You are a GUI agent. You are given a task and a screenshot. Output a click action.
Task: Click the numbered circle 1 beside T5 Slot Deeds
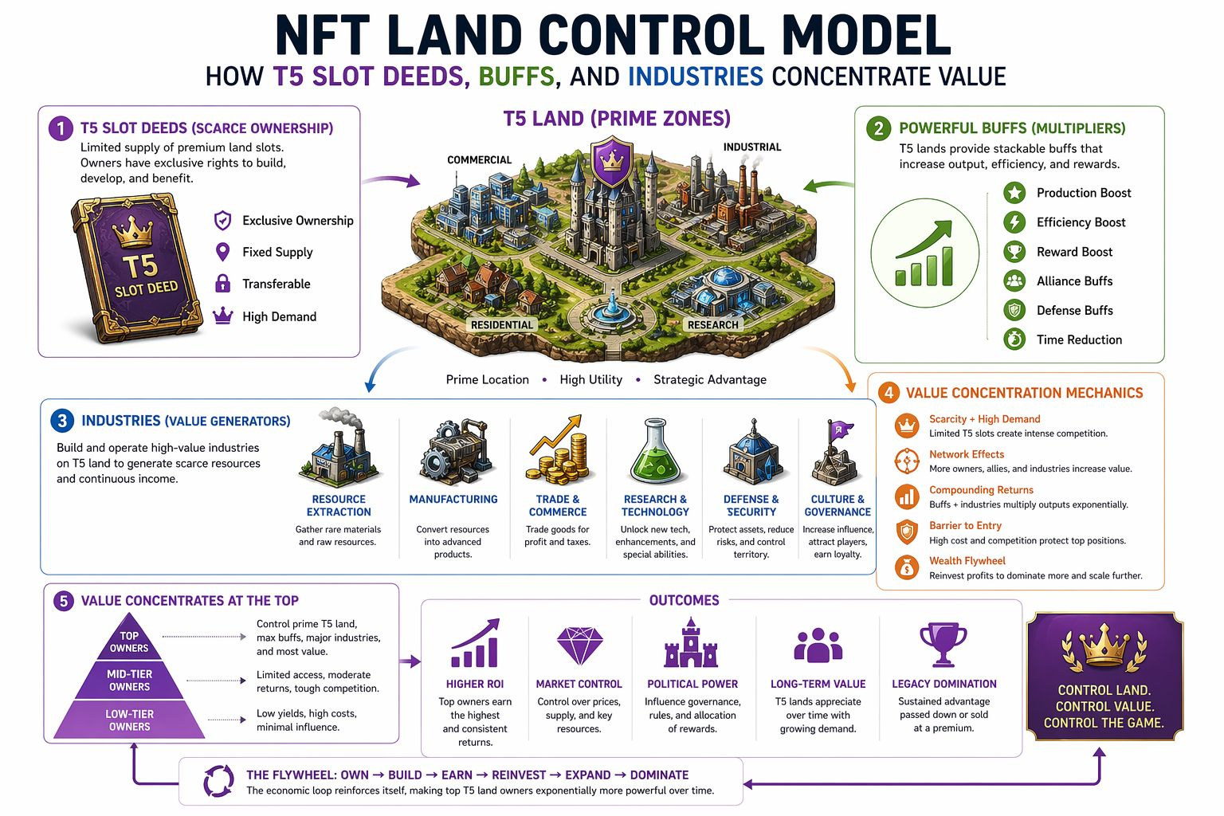click(x=61, y=128)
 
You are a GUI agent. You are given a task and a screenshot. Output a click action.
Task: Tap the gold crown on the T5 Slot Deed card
click(x=132, y=233)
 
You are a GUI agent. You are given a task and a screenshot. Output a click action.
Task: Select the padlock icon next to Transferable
click(x=223, y=284)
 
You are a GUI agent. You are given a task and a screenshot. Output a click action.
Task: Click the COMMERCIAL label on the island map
click(x=479, y=159)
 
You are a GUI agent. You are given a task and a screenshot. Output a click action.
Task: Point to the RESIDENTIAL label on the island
click(x=501, y=325)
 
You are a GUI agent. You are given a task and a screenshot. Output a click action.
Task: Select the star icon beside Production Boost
click(x=1014, y=193)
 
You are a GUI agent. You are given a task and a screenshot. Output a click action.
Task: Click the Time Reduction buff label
click(x=1079, y=339)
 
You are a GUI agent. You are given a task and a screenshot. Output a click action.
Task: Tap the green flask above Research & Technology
click(x=655, y=452)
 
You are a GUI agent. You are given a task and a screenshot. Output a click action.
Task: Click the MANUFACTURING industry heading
click(x=453, y=500)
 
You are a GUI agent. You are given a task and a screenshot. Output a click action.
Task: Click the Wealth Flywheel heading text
click(x=967, y=561)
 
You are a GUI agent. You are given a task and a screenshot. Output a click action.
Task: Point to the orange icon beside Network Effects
click(x=907, y=461)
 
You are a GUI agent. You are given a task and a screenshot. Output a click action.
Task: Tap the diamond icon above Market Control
click(x=579, y=645)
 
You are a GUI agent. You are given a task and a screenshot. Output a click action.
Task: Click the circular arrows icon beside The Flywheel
click(x=218, y=781)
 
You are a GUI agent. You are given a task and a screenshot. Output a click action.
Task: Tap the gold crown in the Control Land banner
click(x=1104, y=646)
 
